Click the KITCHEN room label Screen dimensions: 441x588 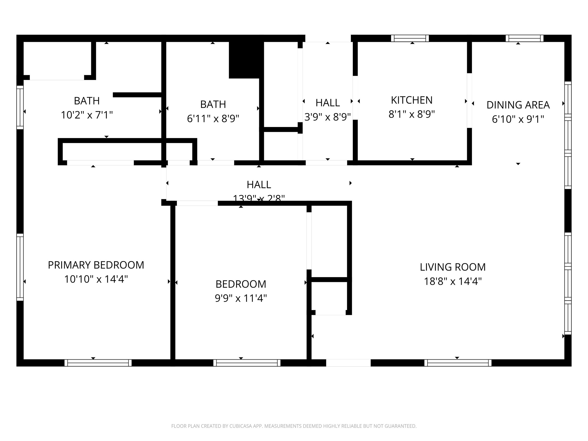click(x=412, y=100)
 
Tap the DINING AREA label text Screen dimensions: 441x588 click(x=518, y=105)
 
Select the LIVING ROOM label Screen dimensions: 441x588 click(x=453, y=267)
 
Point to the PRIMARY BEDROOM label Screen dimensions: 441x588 click(x=96, y=265)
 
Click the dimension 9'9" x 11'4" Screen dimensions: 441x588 click(x=241, y=298)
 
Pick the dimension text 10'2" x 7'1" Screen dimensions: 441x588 click(x=87, y=115)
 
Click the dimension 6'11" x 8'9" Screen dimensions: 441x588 click(x=213, y=119)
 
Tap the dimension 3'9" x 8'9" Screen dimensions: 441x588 click(x=327, y=117)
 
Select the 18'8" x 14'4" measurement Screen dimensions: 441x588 click(x=453, y=281)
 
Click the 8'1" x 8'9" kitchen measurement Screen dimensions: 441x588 click(x=412, y=114)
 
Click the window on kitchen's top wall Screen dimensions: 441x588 click(x=410, y=39)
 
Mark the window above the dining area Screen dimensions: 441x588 click(x=524, y=39)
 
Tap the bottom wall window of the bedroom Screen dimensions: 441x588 click(x=247, y=363)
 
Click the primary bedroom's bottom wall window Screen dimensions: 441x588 click(x=98, y=363)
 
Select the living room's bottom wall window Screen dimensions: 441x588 click(x=458, y=363)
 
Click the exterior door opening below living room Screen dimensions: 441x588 click(x=348, y=363)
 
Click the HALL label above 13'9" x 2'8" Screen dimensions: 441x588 click(x=259, y=184)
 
